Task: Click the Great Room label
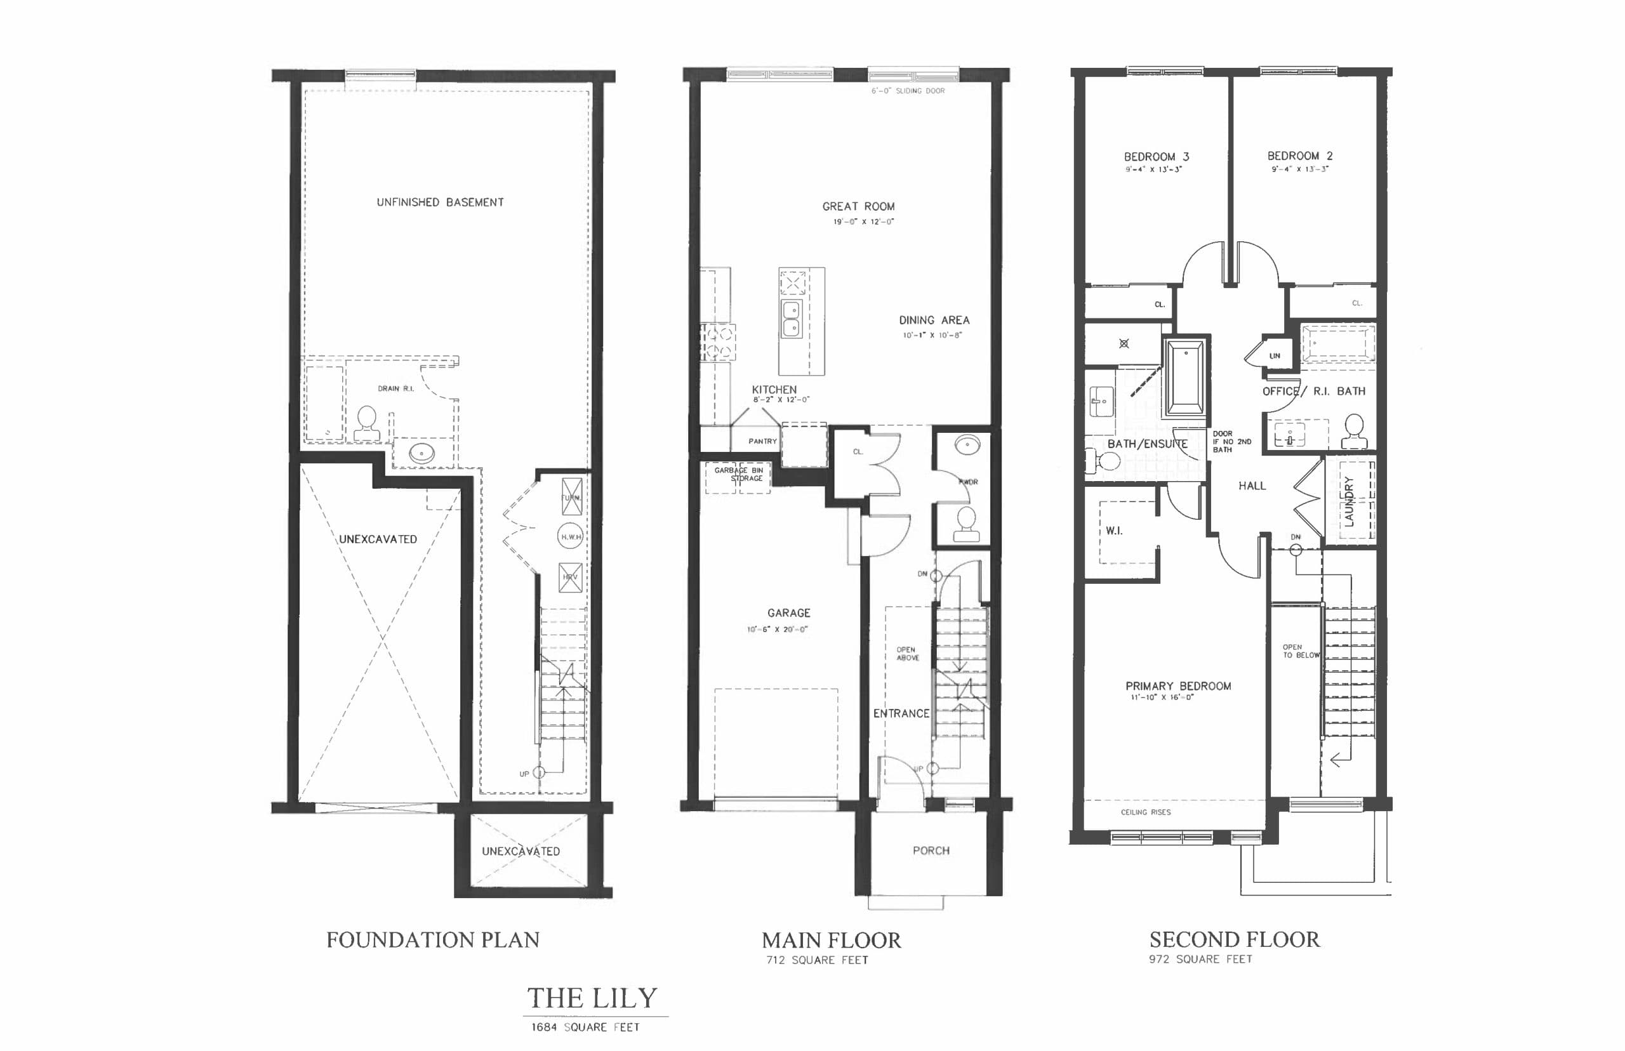pos(858,206)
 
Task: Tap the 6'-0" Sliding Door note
pos(908,91)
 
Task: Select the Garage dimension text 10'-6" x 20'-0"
pos(778,629)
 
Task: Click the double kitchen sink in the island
pos(791,319)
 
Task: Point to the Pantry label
pos(762,442)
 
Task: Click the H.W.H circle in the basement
pos(571,536)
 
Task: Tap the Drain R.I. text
pos(396,388)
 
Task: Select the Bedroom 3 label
pos(1156,156)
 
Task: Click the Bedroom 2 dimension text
pos(1299,169)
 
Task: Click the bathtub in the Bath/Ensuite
pos(1186,378)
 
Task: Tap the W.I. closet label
pos(1114,531)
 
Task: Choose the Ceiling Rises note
pos(1145,812)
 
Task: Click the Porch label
pos(931,850)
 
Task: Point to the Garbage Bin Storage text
pos(738,474)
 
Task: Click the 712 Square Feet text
pos(817,960)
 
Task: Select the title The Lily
pos(592,998)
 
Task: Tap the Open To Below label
pos(1300,651)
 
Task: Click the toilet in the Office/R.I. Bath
pos(1354,432)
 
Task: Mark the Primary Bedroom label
pos(1178,686)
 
